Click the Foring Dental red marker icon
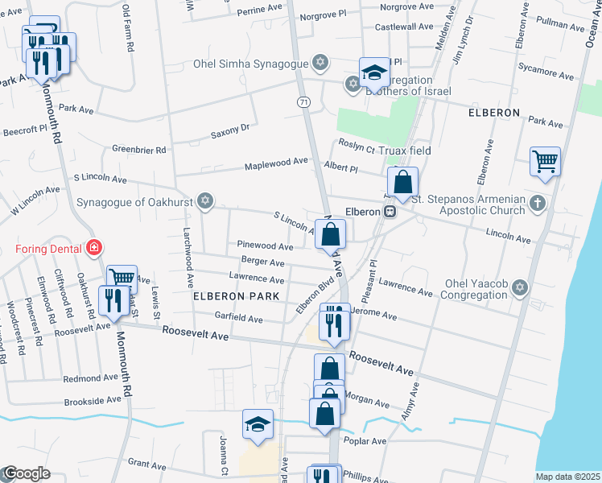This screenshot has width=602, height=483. tap(94, 248)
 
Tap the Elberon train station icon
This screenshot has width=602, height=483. tap(390, 212)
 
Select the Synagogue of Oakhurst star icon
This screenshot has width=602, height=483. tap(205, 201)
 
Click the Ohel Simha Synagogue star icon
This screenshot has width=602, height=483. tap(320, 63)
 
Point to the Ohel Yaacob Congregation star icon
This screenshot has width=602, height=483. tap(520, 287)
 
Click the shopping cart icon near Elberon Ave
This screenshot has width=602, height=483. tap(545, 161)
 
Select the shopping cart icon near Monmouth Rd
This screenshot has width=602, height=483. tap(122, 278)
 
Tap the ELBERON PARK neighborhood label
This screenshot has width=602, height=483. tap(236, 296)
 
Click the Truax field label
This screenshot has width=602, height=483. tap(407, 151)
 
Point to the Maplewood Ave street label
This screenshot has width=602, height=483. tap(277, 162)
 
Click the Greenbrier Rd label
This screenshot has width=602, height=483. tap(138, 150)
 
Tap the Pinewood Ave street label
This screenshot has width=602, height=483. tap(265, 246)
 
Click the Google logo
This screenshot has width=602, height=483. tap(27, 474)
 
